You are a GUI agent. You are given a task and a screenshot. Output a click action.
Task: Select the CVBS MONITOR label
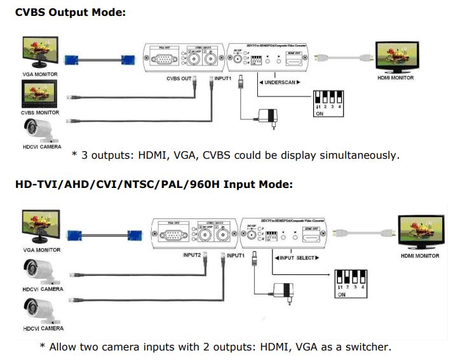pos(40,112)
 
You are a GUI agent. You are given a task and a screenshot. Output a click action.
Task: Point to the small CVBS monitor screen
pos(40,95)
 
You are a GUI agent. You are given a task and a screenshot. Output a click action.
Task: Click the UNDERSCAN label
pos(279,83)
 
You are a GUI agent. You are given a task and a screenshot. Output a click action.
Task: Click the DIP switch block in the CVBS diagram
pos(328,102)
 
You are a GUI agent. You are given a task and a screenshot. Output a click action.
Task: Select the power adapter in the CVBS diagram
pos(268,116)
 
